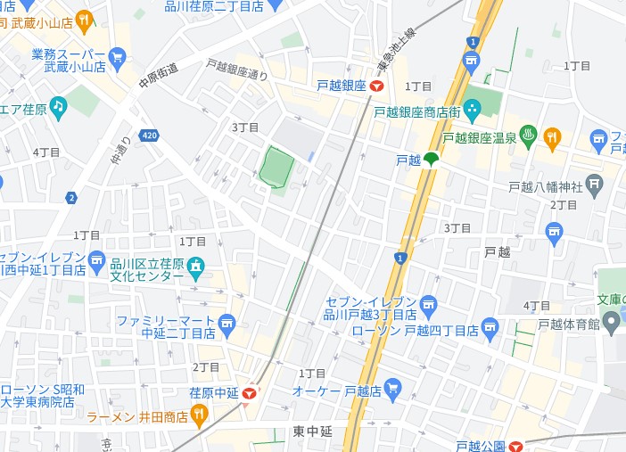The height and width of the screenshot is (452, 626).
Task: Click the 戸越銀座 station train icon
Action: point(377,86)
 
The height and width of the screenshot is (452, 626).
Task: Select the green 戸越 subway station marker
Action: point(431,160)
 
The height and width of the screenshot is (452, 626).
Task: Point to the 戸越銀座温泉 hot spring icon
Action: point(527,136)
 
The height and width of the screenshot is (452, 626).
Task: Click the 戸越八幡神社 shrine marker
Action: point(596,185)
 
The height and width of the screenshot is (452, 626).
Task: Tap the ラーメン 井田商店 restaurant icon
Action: point(199,415)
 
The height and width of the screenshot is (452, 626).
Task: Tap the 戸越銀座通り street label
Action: point(236,70)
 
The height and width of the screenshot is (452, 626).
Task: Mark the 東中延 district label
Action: point(312,431)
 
